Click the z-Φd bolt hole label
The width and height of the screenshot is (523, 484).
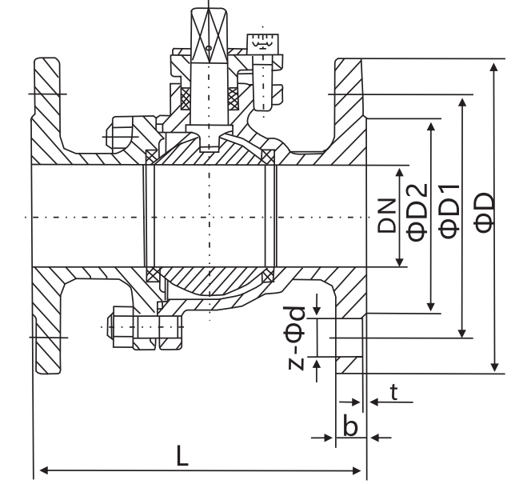click(297, 337)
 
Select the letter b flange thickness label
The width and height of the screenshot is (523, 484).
click(350, 426)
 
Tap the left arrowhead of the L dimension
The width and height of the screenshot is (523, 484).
click(42, 470)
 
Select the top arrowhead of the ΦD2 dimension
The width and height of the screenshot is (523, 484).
click(432, 126)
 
